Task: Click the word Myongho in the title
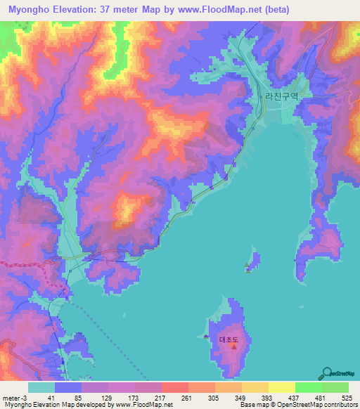[x=32, y=10]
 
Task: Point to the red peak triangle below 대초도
[x=233, y=348]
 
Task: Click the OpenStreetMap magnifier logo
[x=328, y=373]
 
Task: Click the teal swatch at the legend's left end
[x=41, y=387]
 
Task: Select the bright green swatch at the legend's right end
[x=335, y=387]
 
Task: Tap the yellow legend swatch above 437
[x=282, y=387]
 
